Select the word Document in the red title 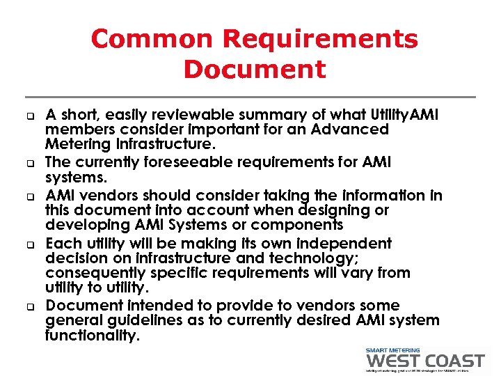[x=255, y=70]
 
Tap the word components [x=301, y=225]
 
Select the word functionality [x=91, y=336]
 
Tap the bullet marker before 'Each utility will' [x=32, y=244]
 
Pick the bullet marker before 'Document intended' [x=32, y=306]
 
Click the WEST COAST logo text [x=424, y=361]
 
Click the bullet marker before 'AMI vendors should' [x=32, y=196]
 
